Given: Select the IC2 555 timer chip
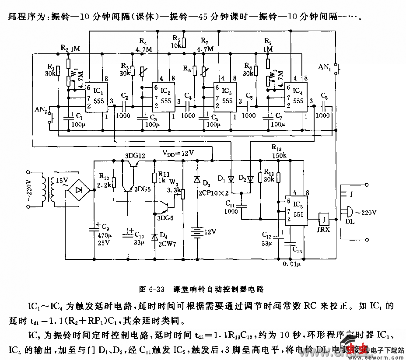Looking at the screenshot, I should click(x=162, y=98).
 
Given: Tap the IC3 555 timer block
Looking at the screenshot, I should click(x=224, y=98).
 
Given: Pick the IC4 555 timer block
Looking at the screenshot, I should click(x=295, y=98).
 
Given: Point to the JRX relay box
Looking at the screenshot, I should click(x=324, y=218).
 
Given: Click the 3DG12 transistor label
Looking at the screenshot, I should click(x=134, y=155).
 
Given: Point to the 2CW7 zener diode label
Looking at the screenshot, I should click(x=168, y=243).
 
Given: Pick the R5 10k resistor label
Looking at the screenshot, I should click(x=176, y=42).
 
